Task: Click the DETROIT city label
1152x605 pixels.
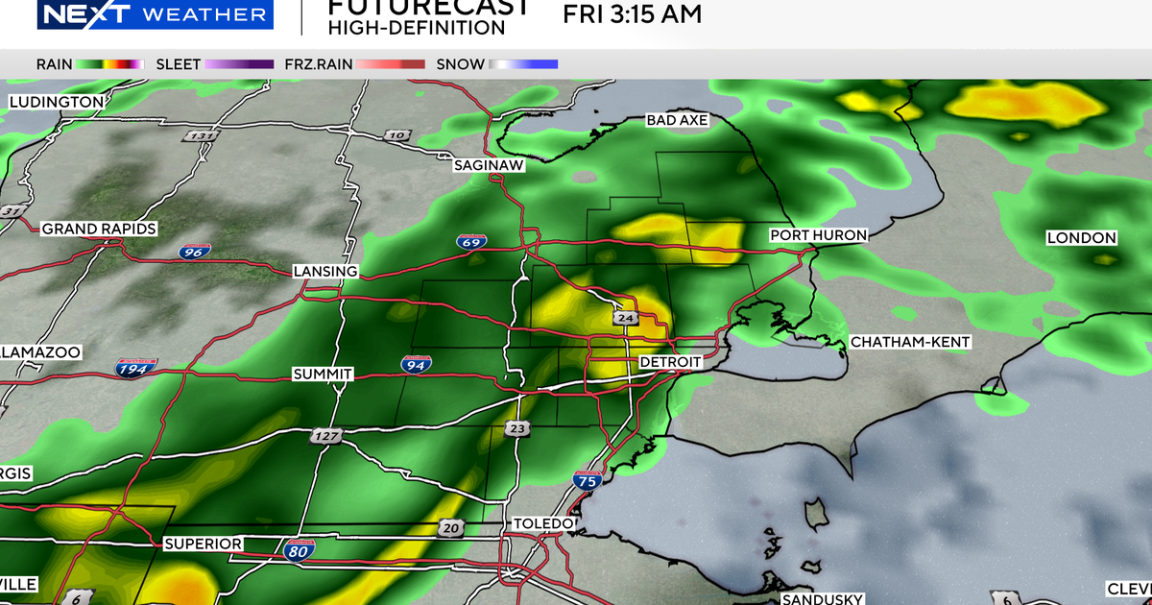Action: click(671, 362)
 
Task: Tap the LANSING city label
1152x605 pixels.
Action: click(325, 272)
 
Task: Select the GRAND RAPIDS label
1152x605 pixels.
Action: click(100, 229)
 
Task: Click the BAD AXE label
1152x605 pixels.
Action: click(677, 120)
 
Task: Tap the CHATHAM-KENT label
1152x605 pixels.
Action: click(910, 342)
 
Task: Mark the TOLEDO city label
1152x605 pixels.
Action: click(543, 523)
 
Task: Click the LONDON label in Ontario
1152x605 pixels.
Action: click(1081, 237)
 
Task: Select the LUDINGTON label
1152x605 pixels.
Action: click(57, 102)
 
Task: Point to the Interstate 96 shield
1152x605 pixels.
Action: click(194, 253)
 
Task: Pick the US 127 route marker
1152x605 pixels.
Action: click(325, 437)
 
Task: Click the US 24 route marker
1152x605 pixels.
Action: click(624, 318)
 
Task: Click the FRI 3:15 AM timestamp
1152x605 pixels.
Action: click(632, 14)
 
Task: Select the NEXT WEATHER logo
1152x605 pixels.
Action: click(155, 14)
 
